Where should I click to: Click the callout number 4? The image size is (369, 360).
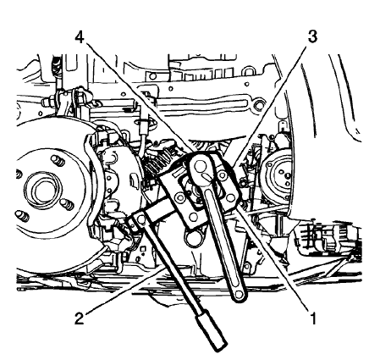click(x=80, y=37)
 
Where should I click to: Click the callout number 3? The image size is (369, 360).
click(x=312, y=36)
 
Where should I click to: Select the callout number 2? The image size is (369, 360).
click(x=80, y=318)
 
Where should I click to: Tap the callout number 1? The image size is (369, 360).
click(x=313, y=318)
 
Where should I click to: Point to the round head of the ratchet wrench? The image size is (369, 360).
click(x=201, y=167)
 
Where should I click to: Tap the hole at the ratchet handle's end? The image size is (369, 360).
click(x=239, y=294)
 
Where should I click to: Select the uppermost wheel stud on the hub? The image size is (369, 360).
click(x=58, y=161)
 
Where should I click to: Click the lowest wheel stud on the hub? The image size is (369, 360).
click(x=22, y=216)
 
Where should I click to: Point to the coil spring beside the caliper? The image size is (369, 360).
click(x=160, y=159)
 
